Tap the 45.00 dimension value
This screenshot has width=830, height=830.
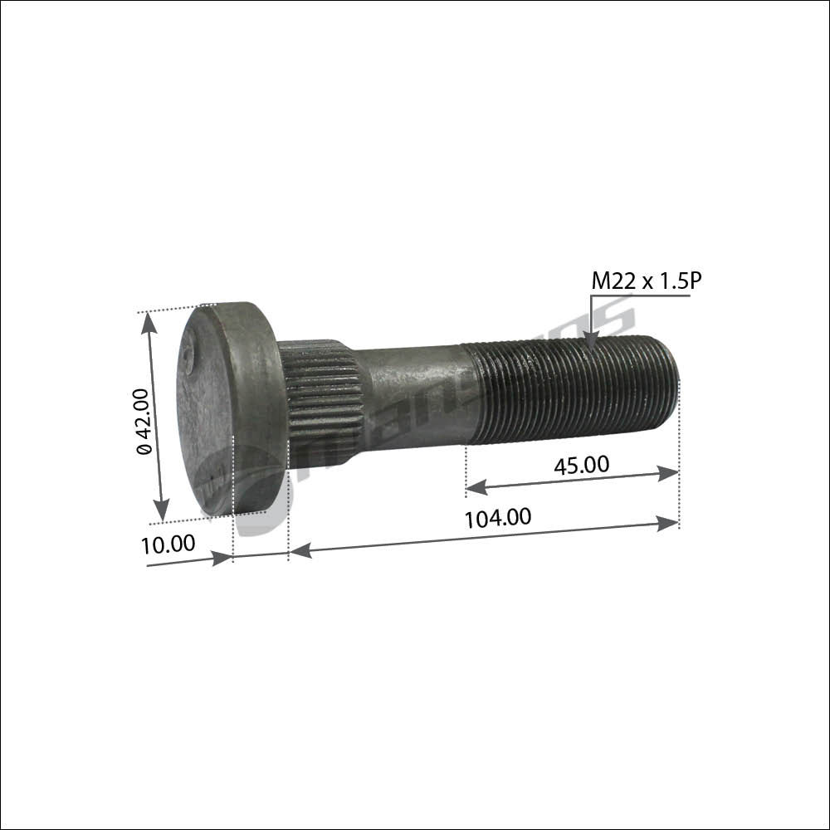point(581,465)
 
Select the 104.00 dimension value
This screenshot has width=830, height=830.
point(498,518)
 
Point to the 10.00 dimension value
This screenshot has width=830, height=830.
point(168,544)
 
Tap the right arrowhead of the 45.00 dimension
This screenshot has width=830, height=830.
point(668,473)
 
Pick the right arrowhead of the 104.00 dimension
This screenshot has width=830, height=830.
point(668,523)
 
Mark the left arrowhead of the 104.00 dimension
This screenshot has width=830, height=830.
point(300,549)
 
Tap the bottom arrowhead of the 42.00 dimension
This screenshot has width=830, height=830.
point(161,510)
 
